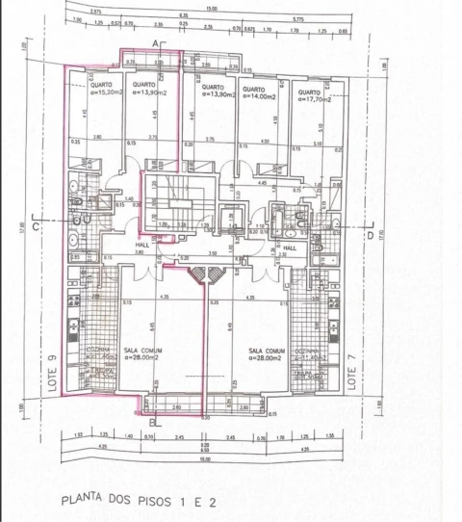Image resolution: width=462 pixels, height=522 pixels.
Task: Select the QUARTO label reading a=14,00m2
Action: tap(258, 93)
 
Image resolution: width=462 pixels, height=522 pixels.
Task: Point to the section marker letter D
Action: tap(370, 234)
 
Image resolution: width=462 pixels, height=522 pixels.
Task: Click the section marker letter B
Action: tap(153, 421)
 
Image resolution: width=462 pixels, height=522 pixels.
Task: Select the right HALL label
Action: tap(289, 246)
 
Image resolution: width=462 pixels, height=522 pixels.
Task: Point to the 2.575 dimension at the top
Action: tap(95, 12)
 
